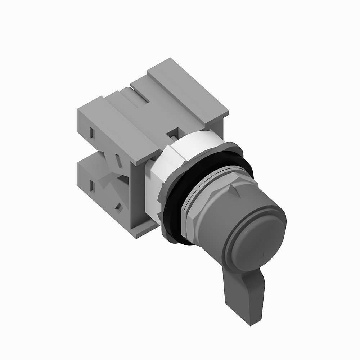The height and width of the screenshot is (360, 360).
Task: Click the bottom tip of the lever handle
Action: (x=248, y=321)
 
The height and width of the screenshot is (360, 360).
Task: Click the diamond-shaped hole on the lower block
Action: (x=118, y=207)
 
